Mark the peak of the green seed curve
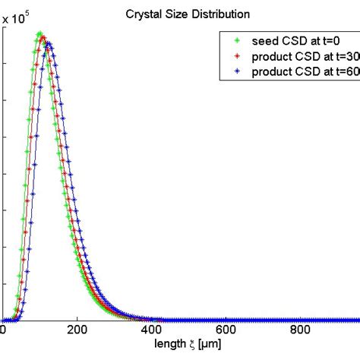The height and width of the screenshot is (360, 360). point(39,34)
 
